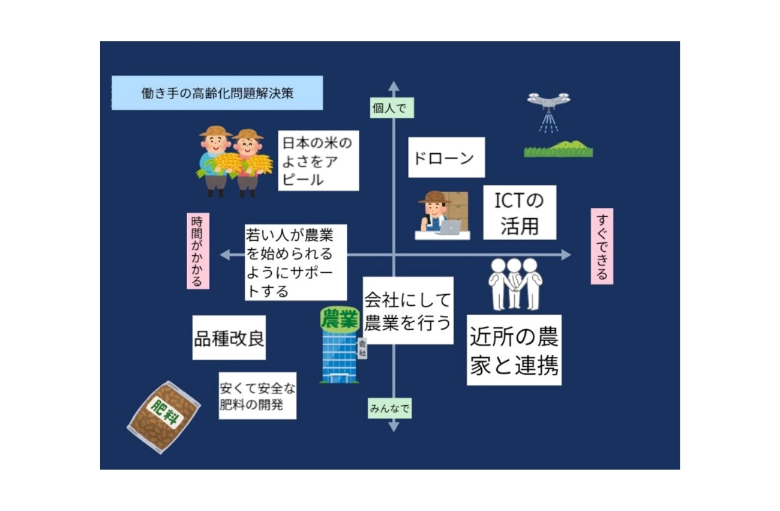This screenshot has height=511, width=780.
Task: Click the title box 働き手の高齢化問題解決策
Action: click(x=217, y=92)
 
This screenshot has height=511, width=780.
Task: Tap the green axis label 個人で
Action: click(x=392, y=107)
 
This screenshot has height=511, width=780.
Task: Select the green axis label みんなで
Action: click(x=389, y=408)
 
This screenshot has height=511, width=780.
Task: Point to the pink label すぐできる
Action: click(x=602, y=246)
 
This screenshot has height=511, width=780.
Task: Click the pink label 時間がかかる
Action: click(x=198, y=251)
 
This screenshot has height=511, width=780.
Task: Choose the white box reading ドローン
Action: click(x=446, y=157)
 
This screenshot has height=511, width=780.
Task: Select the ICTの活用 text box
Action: click(x=520, y=213)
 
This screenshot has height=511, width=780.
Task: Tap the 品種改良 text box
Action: click(x=229, y=337)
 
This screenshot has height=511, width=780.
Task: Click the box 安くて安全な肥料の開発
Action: click(x=257, y=396)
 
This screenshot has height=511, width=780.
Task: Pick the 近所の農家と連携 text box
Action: click(x=514, y=350)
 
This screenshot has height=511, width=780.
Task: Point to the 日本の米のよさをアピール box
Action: click(x=319, y=161)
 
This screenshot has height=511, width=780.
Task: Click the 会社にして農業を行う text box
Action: click(x=408, y=310)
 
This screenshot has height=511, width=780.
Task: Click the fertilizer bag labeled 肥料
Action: click(x=164, y=417)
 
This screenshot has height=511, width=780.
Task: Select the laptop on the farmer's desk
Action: click(x=449, y=227)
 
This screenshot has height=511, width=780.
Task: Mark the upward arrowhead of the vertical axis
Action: click(x=394, y=86)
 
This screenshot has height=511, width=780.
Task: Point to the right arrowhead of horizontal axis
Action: click(x=566, y=255)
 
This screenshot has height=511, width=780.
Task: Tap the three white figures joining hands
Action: click(x=515, y=284)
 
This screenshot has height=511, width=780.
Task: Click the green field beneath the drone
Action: click(x=559, y=149)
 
